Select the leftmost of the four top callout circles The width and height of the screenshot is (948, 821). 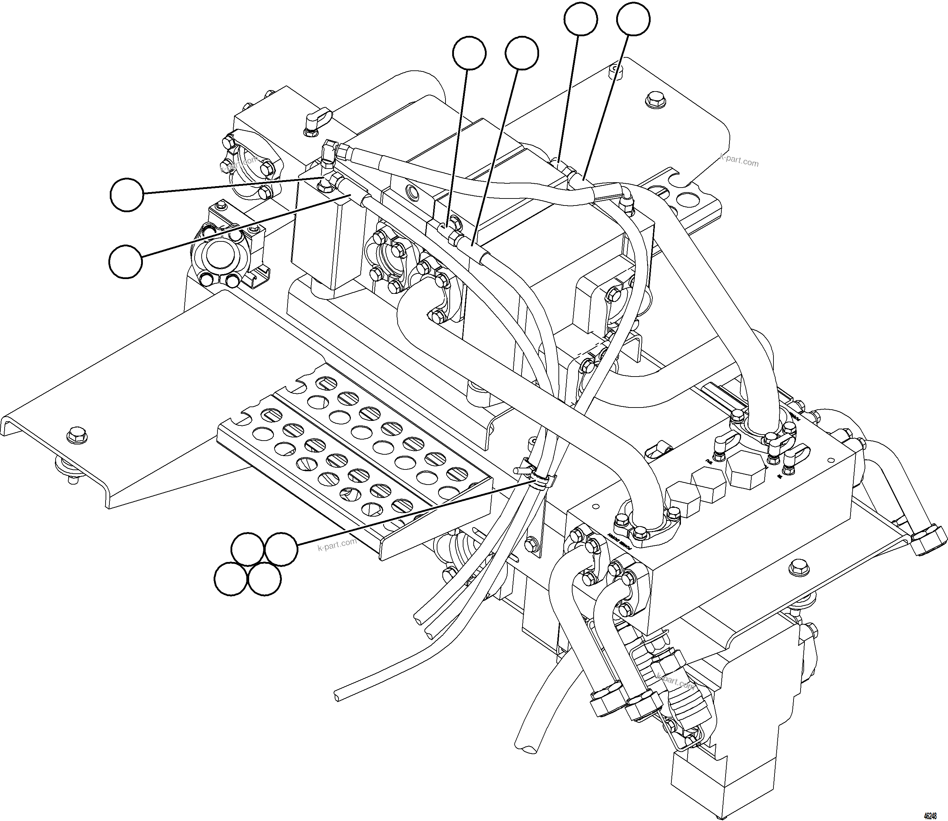pos(469,53)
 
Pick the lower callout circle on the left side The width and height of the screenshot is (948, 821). pos(126,261)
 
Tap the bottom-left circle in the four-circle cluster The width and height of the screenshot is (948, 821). pos(231,579)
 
